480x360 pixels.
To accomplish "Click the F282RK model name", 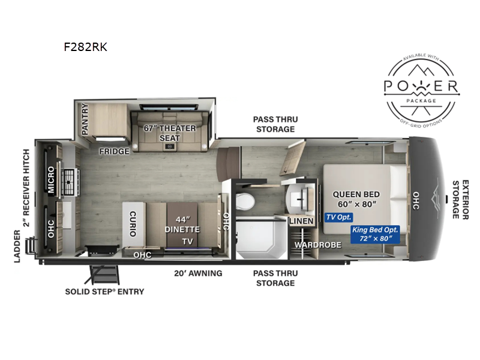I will click(x=85, y=47).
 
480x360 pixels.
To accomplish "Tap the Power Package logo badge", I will click(x=422, y=88).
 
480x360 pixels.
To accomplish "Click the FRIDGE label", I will click(x=115, y=151).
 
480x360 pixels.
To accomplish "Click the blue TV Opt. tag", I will click(x=339, y=217).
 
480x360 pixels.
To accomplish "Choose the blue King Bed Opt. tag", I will click(x=372, y=234).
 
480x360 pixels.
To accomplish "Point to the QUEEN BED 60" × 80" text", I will click(x=355, y=198).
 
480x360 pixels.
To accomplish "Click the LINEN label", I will click(x=301, y=221).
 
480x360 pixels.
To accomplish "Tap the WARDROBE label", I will click(x=317, y=245).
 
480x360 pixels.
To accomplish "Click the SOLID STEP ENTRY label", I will click(x=104, y=292).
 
